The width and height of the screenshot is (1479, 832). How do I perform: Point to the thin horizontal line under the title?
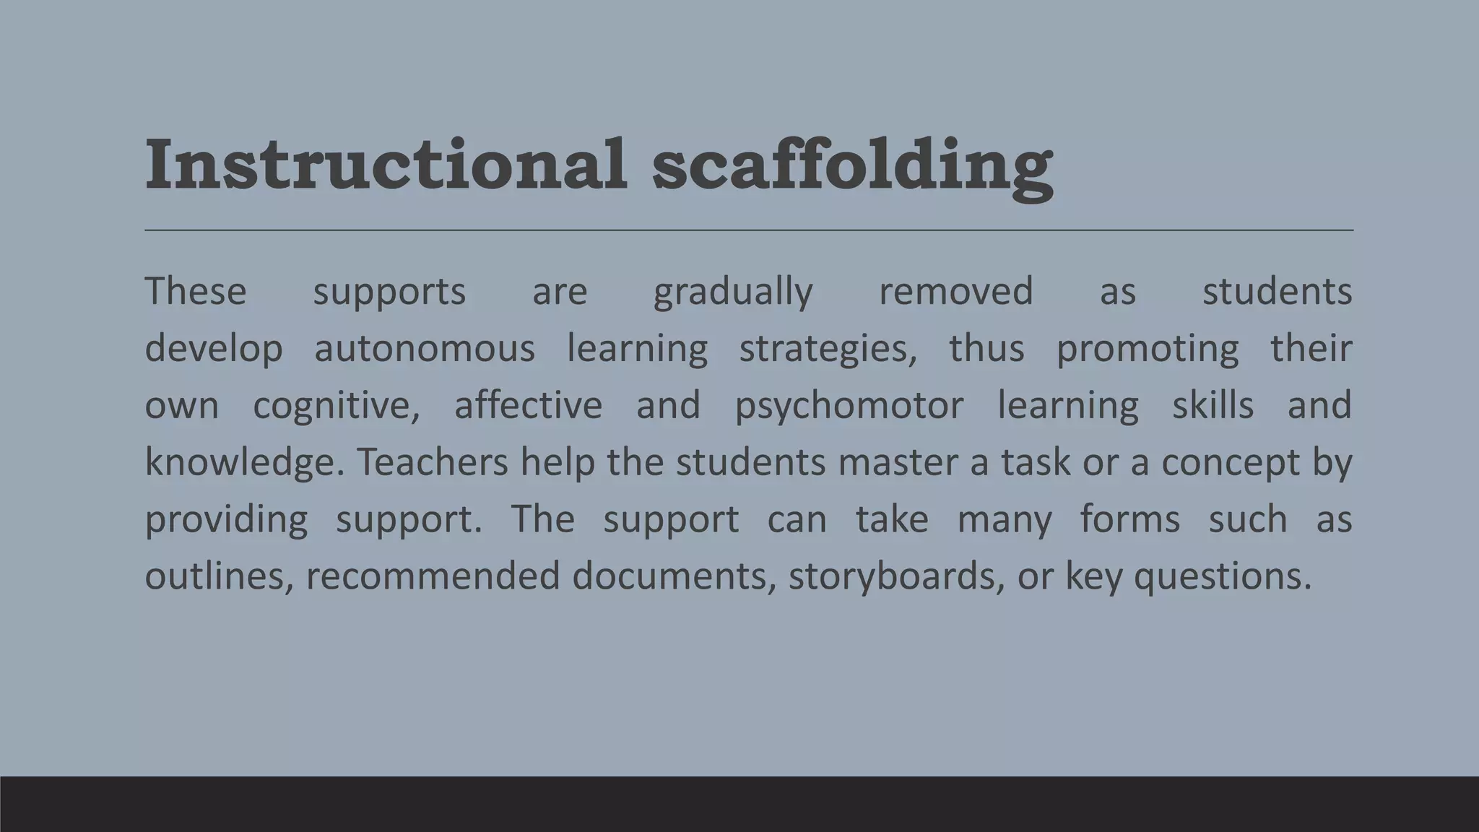pyautogui.click(x=748, y=230)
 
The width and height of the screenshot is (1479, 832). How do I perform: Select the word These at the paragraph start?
pyautogui.click(x=196, y=292)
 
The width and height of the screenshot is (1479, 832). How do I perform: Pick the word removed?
pyautogui.click(x=955, y=292)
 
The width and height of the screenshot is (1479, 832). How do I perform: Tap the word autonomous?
pyautogui.click(x=425, y=349)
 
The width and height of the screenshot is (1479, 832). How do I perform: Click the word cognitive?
pyautogui.click(x=336, y=406)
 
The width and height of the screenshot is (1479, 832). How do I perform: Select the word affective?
pyautogui.click(x=528, y=405)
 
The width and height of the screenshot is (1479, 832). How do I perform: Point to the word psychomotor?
pyautogui.click(x=849, y=406)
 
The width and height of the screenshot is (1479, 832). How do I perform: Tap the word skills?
pyautogui.click(x=1213, y=405)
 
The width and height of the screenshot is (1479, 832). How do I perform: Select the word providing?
pyautogui.click(x=226, y=520)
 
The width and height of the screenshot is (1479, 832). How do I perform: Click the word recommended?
pyautogui.click(x=433, y=576)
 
